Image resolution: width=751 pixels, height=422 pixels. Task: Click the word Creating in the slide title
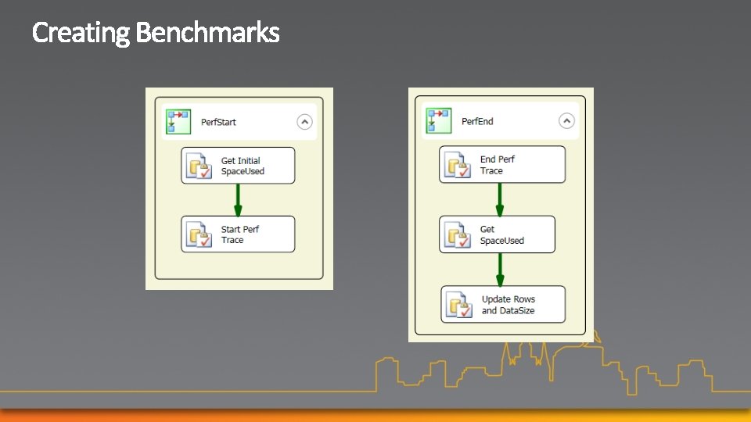pyautogui.click(x=81, y=33)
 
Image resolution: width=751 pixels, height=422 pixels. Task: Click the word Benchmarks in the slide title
pyautogui.click(x=207, y=33)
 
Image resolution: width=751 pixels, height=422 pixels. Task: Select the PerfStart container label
pyautogui.click(x=218, y=122)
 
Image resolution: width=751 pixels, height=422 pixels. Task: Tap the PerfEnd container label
pyautogui.click(x=477, y=121)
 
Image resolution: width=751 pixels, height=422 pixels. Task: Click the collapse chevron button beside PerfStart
pyautogui.click(x=304, y=122)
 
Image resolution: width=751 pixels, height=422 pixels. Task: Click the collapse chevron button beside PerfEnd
pyautogui.click(x=566, y=120)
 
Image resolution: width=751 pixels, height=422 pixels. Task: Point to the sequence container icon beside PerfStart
pyautogui.click(x=178, y=122)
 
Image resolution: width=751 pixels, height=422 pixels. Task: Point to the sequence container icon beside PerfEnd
pyautogui.click(x=438, y=121)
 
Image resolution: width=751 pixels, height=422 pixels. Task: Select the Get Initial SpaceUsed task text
pyautogui.click(x=243, y=166)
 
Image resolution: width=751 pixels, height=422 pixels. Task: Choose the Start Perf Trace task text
pyautogui.click(x=239, y=234)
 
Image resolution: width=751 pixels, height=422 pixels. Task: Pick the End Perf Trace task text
pyautogui.click(x=498, y=165)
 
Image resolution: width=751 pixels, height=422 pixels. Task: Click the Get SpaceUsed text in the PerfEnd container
pyautogui.click(x=501, y=235)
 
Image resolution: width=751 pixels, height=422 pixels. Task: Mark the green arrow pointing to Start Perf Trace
pyautogui.click(x=238, y=200)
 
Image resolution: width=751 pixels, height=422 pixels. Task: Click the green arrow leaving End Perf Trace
pyautogui.click(x=500, y=199)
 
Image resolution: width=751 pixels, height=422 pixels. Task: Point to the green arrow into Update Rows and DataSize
pyautogui.click(x=501, y=270)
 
